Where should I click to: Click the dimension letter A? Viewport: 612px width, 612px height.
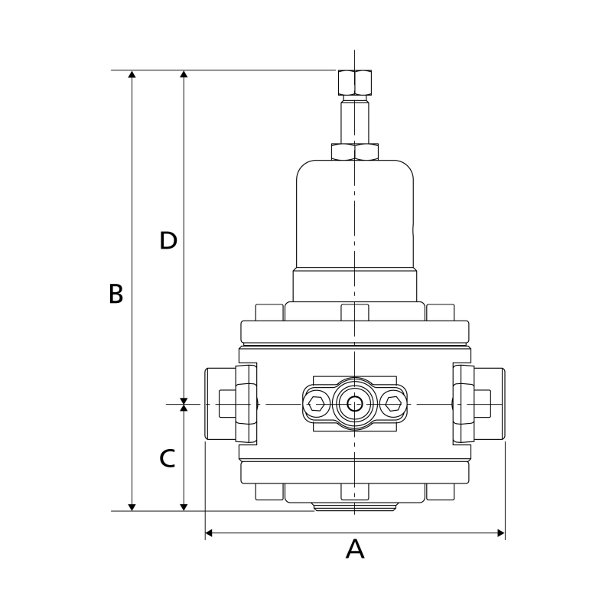click(x=355, y=549)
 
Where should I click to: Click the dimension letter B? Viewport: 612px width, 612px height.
click(x=116, y=294)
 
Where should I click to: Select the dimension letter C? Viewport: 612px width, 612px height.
click(x=168, y=458)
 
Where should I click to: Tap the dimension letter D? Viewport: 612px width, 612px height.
click(x=168, y=240)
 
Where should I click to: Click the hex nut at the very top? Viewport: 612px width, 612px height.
click(x=355, y=83)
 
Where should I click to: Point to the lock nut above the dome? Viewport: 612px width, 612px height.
click(x=355, y=151)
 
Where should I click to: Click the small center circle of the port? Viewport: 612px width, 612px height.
click(x=354, y=404)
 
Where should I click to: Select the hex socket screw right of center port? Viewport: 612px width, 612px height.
click(x=393, y=404)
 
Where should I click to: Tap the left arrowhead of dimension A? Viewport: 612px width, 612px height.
click(x=209, y=532)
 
